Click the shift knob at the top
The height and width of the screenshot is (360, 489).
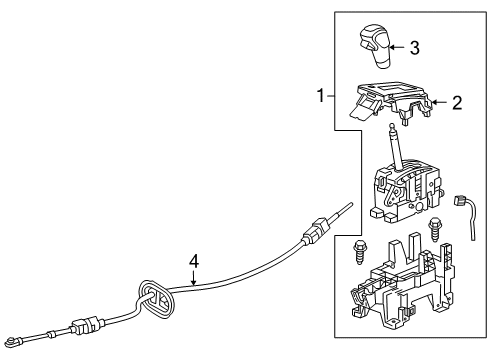click(x=371, y=49)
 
